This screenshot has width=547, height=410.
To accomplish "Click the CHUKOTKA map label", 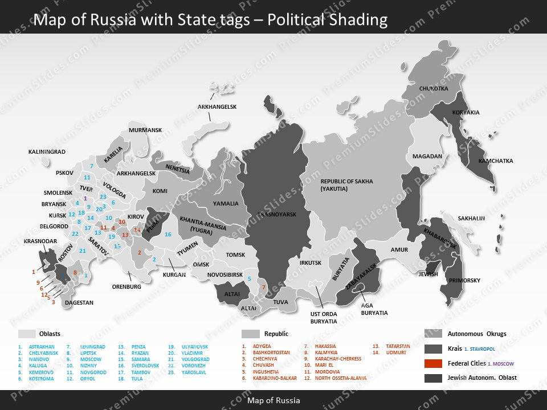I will click(x=434, y=89).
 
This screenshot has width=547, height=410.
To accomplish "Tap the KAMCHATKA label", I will click(x=495, y=161).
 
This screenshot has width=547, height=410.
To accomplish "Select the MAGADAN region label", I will click(x=427, y=157).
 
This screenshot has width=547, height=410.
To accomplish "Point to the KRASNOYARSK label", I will click(x=277, y=215).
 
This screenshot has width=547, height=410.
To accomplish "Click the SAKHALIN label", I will click(x=471, y=219).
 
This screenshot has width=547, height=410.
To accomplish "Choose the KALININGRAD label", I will click(x=47, y=152).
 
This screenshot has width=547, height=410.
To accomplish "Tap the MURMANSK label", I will click(x=145, y=130).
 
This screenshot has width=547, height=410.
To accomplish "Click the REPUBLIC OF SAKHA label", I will click(x=346, y=182).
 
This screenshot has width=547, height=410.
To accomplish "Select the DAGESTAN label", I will click(x=79, y=303).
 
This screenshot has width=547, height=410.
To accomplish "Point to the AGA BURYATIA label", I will click(x=374, y=309).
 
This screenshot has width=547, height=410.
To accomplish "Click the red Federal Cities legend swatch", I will click(x=434, y=363).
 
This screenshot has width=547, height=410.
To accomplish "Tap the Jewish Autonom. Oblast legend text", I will click(x=482, y=378).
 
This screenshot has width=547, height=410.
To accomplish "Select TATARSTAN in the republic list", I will click(x=398, y=346).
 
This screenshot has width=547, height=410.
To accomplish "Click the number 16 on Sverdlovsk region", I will click(x=168, y=235).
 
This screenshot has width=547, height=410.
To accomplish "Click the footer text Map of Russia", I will click(x=273, y=400).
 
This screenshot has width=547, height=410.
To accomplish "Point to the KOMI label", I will click(x=160, y=191).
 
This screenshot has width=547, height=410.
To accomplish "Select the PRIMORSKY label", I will click(x=464, y=281).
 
